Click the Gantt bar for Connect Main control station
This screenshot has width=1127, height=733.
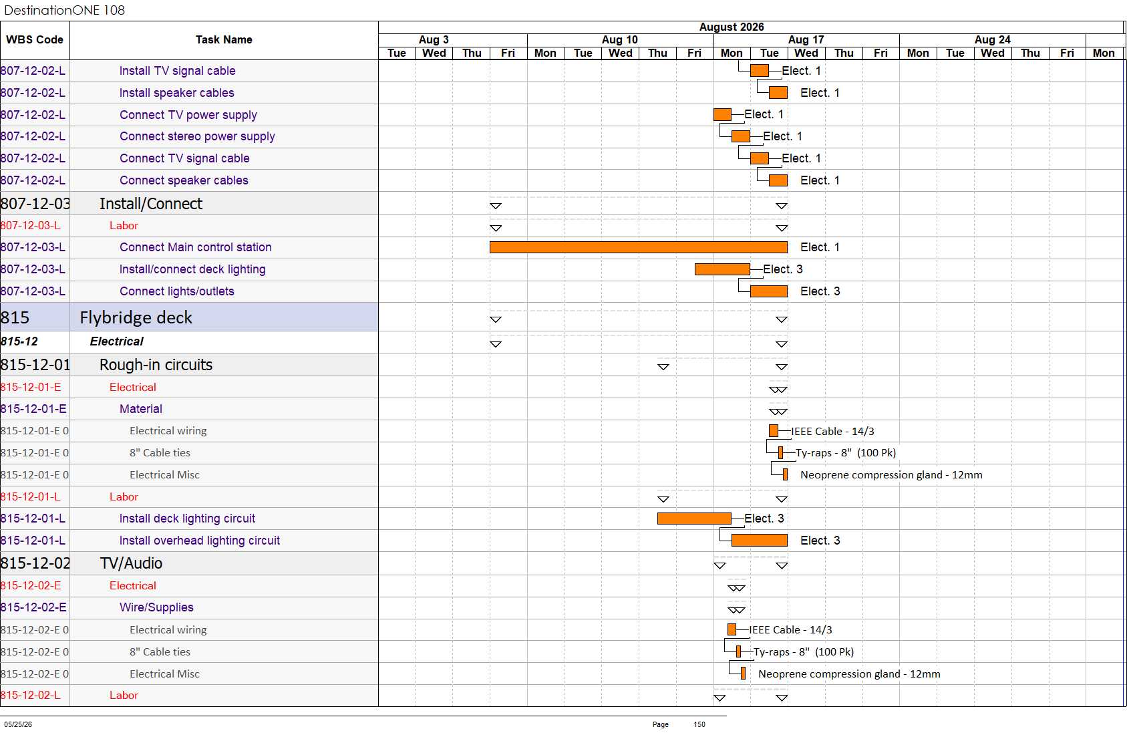pos(639,247)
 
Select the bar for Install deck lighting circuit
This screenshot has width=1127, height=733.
pos(694,519)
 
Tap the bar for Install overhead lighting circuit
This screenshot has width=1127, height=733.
pos(759,541)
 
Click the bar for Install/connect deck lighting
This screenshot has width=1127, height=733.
pos(722,269)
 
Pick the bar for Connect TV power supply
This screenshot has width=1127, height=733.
pos(722,115)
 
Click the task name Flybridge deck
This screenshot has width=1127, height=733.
pos(136,317)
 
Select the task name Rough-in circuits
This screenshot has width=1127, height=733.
pos(156,365)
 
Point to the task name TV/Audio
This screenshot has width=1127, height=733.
pos(131,563)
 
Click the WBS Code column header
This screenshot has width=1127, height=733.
pos(35,39)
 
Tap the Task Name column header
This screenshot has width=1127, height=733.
pos(224,39)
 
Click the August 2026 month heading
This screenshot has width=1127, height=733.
pos(731,27)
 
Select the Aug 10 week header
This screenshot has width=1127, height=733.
pos(620,39)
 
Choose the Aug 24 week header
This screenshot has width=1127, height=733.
pos(992,39)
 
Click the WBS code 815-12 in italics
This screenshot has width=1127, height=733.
pos(19,341)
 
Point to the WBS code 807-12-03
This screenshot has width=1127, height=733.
pos(35,204)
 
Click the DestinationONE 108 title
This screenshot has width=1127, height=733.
pos(64,10)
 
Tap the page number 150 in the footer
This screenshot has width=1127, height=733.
pos(699,724)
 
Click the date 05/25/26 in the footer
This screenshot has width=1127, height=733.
pos(18,724)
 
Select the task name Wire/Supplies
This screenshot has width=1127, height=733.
pos(156,607)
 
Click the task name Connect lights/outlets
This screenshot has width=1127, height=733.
pos(177,291)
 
